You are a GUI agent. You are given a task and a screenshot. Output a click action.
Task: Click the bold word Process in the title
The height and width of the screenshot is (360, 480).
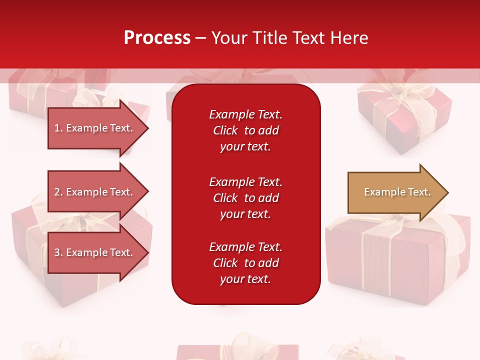(x=157, y=38)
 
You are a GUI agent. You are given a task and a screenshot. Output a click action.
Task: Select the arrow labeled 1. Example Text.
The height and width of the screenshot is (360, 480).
(x=95, y=128)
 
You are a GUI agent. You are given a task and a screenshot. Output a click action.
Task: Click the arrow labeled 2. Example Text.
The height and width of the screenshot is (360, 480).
(x=95, y=192)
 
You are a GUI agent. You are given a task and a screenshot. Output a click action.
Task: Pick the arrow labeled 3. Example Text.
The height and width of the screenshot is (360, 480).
(x=95, y=252)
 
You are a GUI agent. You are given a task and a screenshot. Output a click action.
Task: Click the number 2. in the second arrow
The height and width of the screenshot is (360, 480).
(x=58, y=192)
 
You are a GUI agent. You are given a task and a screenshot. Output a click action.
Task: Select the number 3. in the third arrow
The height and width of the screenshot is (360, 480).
(x=58, y=252)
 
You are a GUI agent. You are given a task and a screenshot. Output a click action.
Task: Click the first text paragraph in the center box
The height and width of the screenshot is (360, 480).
(x=245, y=130)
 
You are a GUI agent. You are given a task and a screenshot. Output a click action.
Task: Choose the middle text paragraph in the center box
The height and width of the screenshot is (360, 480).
(x=245, y=198)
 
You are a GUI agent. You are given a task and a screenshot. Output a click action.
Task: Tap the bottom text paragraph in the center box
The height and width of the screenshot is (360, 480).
(x=245, y=263)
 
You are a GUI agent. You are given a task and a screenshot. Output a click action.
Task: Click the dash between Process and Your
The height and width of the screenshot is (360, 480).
(x=200, y=38)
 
